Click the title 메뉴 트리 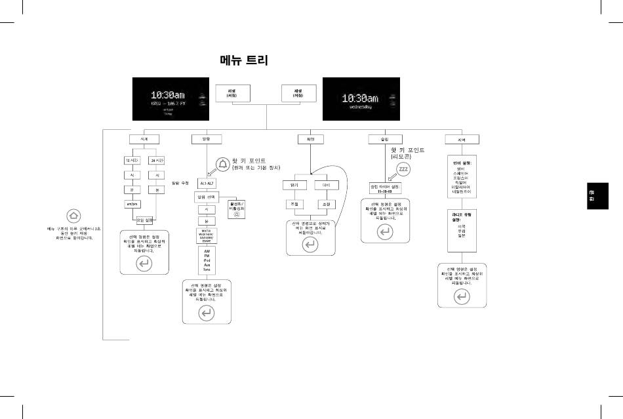pyautogui.click(x=244, y=60)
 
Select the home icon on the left pyautogui.click(x=73, y=215)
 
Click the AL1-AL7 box pyautogui.click(x=207, y=184)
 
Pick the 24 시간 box pyautogui.click(x=157, y=161)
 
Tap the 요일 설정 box pyautogui.click(x=145, y=220)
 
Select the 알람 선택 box pyautogui.click(x=207, y=197)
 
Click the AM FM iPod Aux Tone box pyautogui.click(x=207, y=260)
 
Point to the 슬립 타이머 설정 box pyautogui.click(x=386, y=189)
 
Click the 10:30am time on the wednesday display pyautogui.click(x=360, y=98)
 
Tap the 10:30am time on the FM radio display pyautogui.click(x=167, y=95)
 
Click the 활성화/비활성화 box pyautogui.click(x=237, y=208)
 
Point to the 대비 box pyautogui.click(x=327, y=186)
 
